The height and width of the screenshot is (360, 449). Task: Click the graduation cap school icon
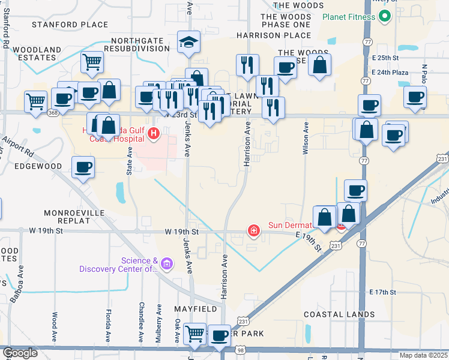188,43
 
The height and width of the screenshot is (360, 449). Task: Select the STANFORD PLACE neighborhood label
70,25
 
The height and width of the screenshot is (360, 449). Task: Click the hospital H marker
154,133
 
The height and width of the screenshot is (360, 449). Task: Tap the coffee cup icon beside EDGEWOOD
83,167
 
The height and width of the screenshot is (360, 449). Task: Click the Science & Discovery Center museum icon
167,263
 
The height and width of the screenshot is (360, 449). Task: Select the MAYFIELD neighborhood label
196,308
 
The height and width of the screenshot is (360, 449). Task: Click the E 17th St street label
384,292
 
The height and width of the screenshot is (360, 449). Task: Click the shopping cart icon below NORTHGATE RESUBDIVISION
92,61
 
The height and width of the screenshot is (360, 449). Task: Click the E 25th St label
386,58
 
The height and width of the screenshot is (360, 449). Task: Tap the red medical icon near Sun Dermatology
254,230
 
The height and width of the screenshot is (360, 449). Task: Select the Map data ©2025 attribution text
423,355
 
